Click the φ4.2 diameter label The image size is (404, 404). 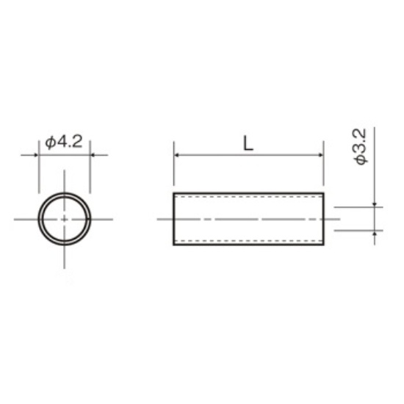point(64,142)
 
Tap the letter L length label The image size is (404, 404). point(248,143)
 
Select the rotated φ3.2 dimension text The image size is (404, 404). point(360,147)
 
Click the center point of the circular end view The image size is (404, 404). point(65,220)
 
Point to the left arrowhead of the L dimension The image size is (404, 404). point(176,155)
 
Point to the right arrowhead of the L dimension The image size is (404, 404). point(321,155)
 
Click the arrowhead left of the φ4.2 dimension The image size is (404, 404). point(36,155)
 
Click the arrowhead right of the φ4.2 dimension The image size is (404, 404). point(93,155)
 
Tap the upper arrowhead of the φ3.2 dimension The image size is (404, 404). point(375,205)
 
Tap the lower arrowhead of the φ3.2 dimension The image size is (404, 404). point(375,233)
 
